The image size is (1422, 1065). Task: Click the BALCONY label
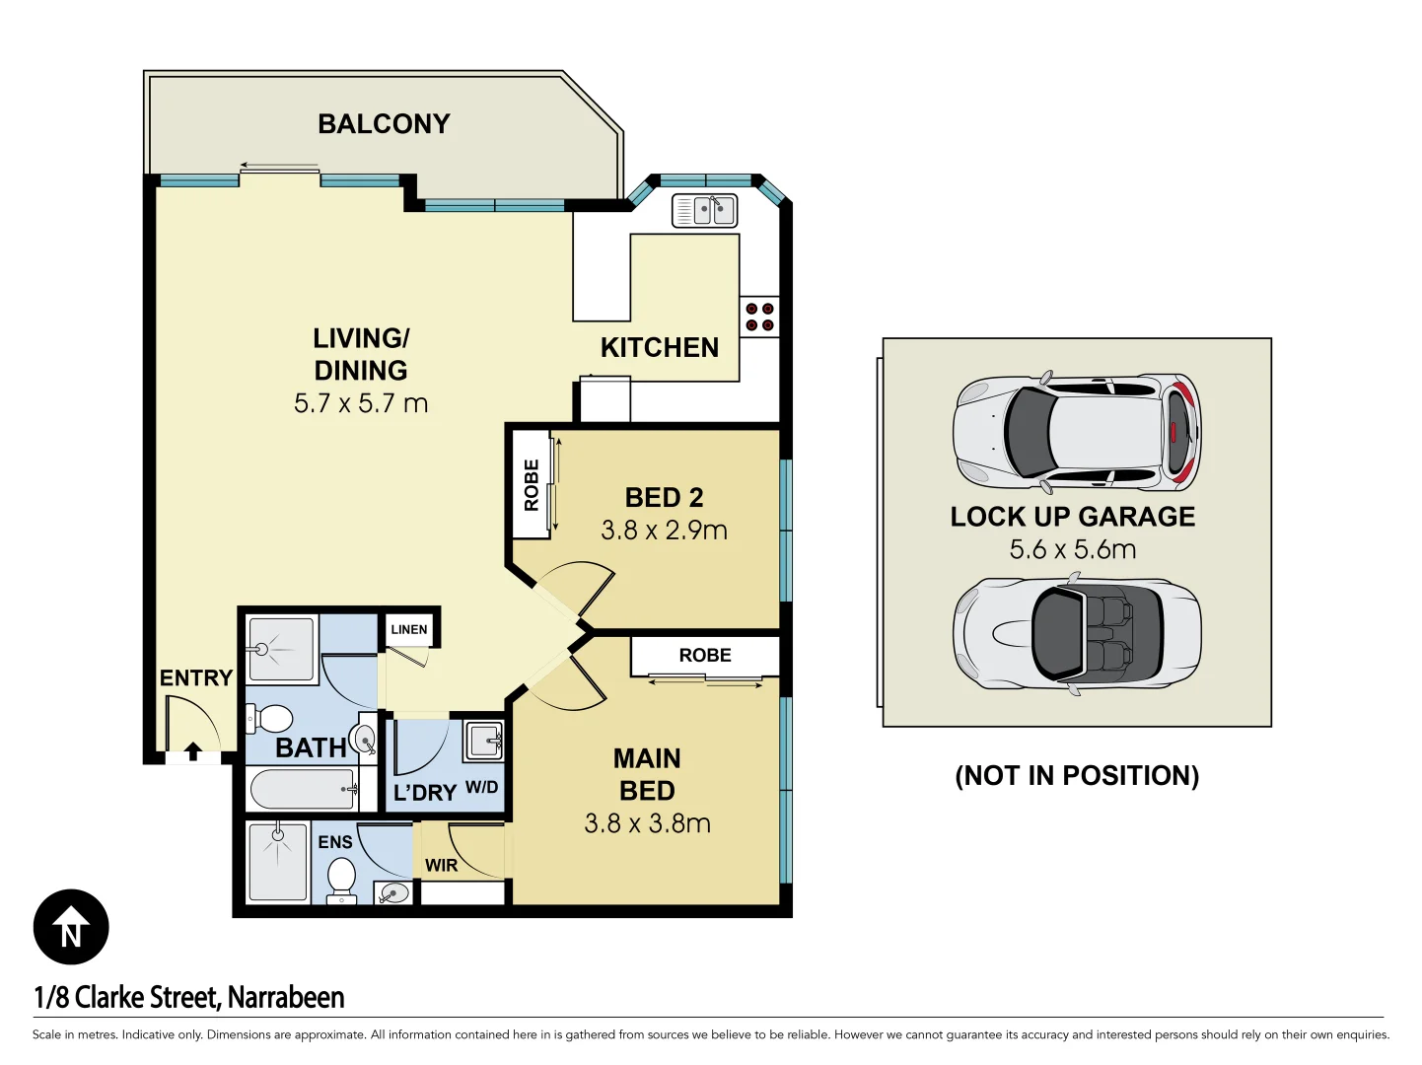coord(384,124)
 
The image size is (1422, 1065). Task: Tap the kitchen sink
coord(704,210)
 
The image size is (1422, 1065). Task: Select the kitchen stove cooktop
coord(759,317)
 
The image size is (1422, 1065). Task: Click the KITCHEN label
coord(660,348)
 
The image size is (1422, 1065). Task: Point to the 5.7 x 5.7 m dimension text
coord(361,403)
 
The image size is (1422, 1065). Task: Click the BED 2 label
coord(664,498)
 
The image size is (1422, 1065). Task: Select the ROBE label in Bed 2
coord(532,485)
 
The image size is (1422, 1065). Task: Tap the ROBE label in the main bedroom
coord(705,656)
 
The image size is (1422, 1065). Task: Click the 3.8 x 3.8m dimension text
coord(647,823)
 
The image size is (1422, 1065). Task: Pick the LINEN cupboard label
coord(409,629)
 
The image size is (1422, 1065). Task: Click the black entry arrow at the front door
coord(193,752)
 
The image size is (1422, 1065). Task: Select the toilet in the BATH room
coord(270,718)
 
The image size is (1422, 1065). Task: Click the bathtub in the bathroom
coord(303,789)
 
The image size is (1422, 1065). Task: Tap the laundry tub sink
coord(484,740)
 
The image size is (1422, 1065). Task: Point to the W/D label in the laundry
coord(481,787)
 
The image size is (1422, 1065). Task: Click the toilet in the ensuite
coord(341,878)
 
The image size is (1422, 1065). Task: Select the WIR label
coord(441,866)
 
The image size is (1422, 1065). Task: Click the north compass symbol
coord(71,927)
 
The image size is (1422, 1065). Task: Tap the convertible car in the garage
coord(1077,633)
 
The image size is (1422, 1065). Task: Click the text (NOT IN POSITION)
coord(1077,776)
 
